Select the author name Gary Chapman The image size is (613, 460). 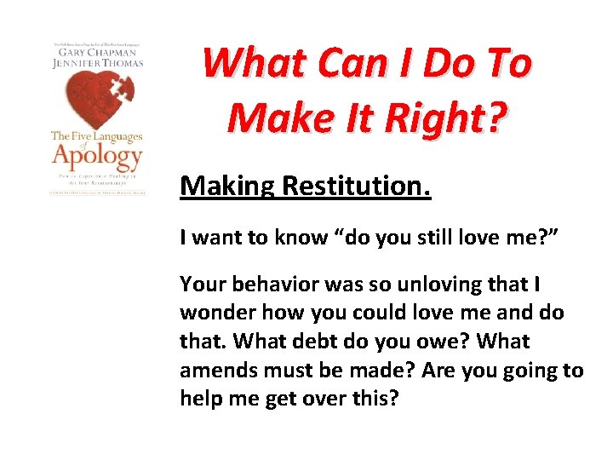95,51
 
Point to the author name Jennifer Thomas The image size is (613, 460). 95,62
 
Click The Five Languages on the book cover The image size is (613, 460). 95,135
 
